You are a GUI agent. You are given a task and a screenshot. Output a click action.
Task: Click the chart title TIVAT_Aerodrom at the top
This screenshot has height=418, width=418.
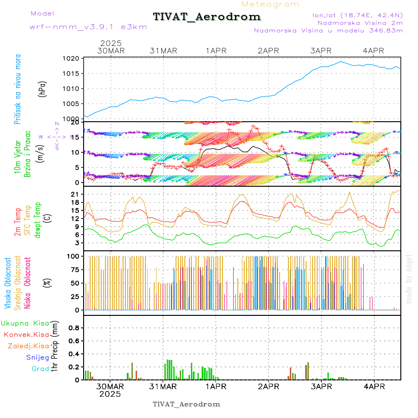tap(207, 17)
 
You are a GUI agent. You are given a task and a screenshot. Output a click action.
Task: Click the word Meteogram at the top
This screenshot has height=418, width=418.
tap(270, 4)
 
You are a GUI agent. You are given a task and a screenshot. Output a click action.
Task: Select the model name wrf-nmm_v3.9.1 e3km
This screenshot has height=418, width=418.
tap(88, 27)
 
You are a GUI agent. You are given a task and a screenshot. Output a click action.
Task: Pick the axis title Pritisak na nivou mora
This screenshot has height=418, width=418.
tap(18, 89)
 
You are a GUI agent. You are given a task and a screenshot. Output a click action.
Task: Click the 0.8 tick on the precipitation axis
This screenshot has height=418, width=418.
tap(72, 328)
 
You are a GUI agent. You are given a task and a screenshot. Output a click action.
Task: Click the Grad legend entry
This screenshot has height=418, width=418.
tap(40, 369)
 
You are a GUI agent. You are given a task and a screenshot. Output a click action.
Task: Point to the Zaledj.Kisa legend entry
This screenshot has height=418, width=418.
tap(28, 346)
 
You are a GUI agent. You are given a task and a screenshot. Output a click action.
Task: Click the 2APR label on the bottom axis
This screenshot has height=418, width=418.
tap(268, 386)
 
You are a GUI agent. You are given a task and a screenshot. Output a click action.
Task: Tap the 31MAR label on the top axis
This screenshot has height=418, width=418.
tap(163, 50)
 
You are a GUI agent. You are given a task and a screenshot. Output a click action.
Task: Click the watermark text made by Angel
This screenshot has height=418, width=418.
tap(409, 279)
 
